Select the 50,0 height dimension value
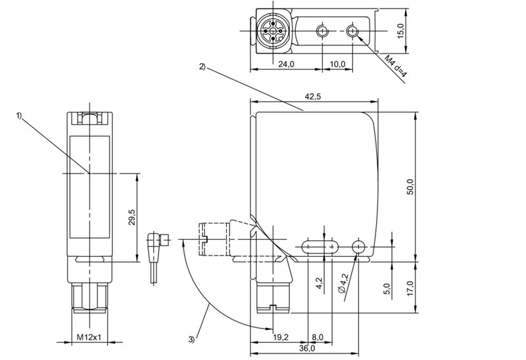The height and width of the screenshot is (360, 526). (x=410, y=186)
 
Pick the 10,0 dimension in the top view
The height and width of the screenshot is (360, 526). (x=337, y=64)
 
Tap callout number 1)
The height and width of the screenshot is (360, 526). (x=19, y=116)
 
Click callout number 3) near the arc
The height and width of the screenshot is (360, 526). (x=191, y=340)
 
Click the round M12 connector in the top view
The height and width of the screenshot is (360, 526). (x=272, y=31)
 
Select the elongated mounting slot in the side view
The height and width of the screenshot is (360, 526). (x=320, y=246)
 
